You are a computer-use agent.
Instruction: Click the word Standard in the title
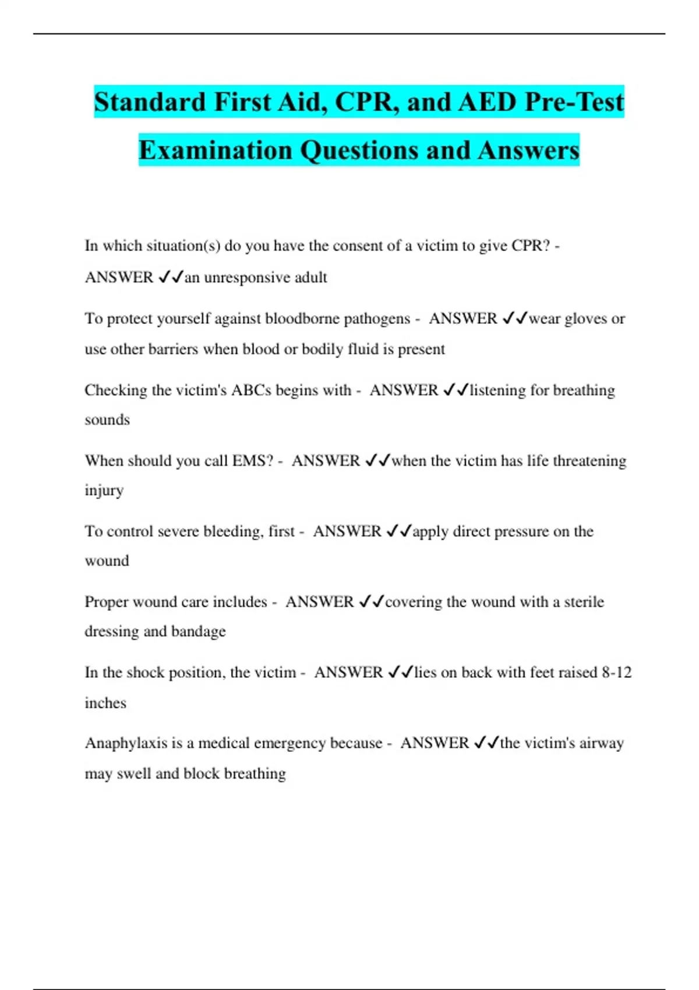click(150, 102)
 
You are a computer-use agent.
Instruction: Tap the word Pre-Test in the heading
click(574, 102)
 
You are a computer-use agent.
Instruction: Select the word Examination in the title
click(216, 150)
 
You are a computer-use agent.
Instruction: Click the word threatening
click(589, 461)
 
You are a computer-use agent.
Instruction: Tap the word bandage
click(198, 631)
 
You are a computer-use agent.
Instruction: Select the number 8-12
click(617, 673)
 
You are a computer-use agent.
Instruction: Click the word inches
click(105, 703)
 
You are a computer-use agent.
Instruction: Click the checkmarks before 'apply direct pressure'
click(399, 531)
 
